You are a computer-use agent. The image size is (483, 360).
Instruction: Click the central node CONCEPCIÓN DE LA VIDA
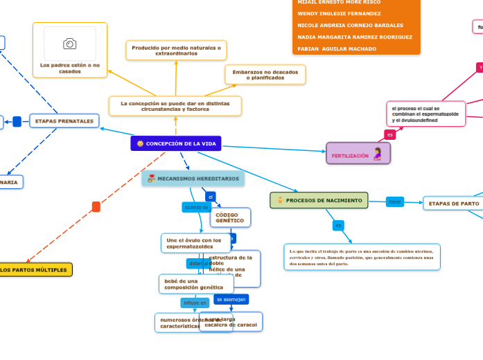coord(176,143)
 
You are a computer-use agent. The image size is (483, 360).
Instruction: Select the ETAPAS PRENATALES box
coord(64,121)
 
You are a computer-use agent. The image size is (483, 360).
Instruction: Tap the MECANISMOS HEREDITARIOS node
coord(193,179)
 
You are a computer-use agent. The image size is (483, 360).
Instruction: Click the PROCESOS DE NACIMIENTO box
coord(319,200)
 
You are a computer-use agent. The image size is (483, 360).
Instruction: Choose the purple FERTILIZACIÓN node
coord(358,154)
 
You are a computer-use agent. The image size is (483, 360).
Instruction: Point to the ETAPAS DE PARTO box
coord(454,204)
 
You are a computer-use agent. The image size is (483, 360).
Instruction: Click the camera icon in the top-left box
coord(70,44)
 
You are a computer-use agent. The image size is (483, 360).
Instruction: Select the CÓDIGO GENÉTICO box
coord(229,217)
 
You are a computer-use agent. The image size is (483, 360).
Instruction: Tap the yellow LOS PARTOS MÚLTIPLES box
coord(34,269)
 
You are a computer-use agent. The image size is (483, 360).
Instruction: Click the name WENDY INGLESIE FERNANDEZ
coord(339,13)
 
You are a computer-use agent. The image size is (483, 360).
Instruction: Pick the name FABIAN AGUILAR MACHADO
coord(337,48)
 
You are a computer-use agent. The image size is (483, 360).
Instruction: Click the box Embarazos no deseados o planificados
coord(265,75)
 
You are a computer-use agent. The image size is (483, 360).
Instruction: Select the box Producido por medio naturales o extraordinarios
coord(176,50)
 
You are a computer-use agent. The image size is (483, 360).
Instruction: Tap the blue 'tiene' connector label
coord(395,201)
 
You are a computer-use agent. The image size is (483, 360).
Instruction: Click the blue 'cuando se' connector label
coord(196,207)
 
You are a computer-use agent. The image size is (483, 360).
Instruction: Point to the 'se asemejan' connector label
coord(231,299)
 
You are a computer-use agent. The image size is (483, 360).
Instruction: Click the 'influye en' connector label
coord(195,303)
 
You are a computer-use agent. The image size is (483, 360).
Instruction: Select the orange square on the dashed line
coord(96,206)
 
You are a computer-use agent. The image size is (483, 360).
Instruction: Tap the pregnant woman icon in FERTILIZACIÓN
coord(377,154)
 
